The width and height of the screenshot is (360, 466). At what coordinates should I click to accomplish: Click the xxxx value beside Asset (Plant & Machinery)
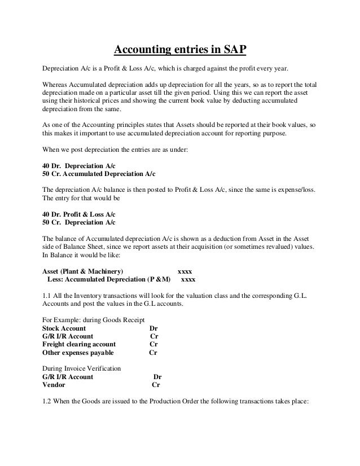point(185,270)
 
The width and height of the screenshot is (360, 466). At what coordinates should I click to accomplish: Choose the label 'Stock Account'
point(64,328)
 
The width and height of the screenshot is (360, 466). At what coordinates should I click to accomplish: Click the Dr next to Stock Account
point(153,328)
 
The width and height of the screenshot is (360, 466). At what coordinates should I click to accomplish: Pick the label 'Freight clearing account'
point(80,344)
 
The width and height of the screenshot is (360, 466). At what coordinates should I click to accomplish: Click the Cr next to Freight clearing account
point(153,344)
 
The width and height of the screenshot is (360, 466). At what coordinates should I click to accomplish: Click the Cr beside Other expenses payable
point(153,353)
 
